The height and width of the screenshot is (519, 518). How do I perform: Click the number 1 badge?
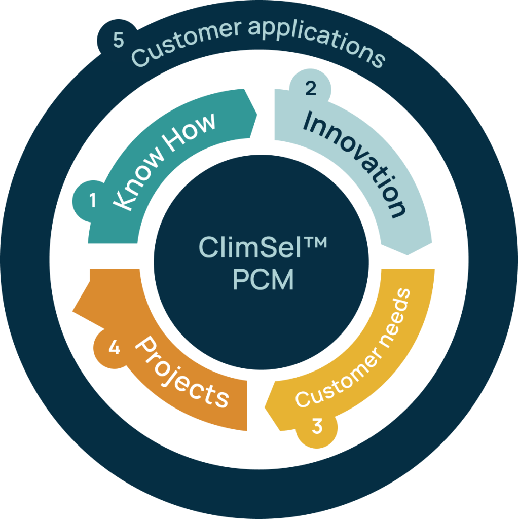(x=92, y=201)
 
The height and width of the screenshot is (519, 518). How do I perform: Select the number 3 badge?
(x=317, y=426)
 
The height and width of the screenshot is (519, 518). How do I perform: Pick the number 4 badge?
(x=115, y=349)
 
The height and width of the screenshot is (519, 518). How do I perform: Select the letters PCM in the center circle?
(x=263, y=280)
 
